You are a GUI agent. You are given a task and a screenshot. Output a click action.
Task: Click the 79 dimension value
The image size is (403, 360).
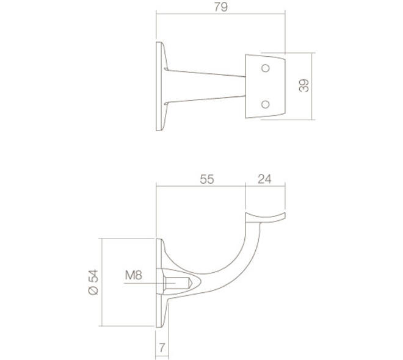(x=221, y=7)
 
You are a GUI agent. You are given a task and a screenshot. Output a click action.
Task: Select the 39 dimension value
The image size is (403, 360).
(x=304, y=85)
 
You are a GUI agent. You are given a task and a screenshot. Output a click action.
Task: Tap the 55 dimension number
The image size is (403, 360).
(x=207, y=179)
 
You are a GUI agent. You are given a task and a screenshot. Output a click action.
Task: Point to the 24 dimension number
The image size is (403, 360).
(x=264, y=179)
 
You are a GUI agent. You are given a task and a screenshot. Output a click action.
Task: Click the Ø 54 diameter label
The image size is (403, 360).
(x=93, y=282)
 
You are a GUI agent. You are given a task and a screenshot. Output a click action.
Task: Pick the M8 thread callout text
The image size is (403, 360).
(x=133, y=275)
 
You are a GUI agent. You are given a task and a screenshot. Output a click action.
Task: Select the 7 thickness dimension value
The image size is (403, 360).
(x=162, y=348)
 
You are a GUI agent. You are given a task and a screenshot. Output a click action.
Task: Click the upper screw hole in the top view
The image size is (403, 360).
(x=265, y=68)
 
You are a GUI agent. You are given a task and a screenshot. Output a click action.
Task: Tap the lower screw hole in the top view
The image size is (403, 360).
(x=265, y=104)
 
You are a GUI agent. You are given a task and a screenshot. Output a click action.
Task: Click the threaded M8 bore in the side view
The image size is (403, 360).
(x=177, y=283)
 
